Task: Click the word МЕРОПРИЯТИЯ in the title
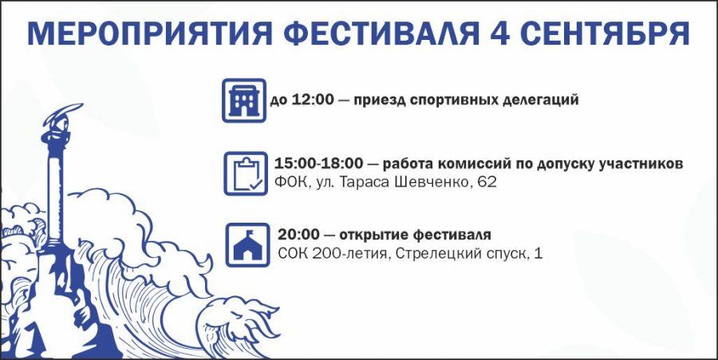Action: click(x=148, y=34)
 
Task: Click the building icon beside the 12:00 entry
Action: click(x=244, y=101)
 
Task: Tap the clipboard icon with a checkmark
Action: click(x=246, y=173)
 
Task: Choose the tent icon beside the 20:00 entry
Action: click(x=248, y=244)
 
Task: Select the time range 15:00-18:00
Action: click(x=318, y=164)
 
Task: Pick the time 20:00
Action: click(x=298, y=235)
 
